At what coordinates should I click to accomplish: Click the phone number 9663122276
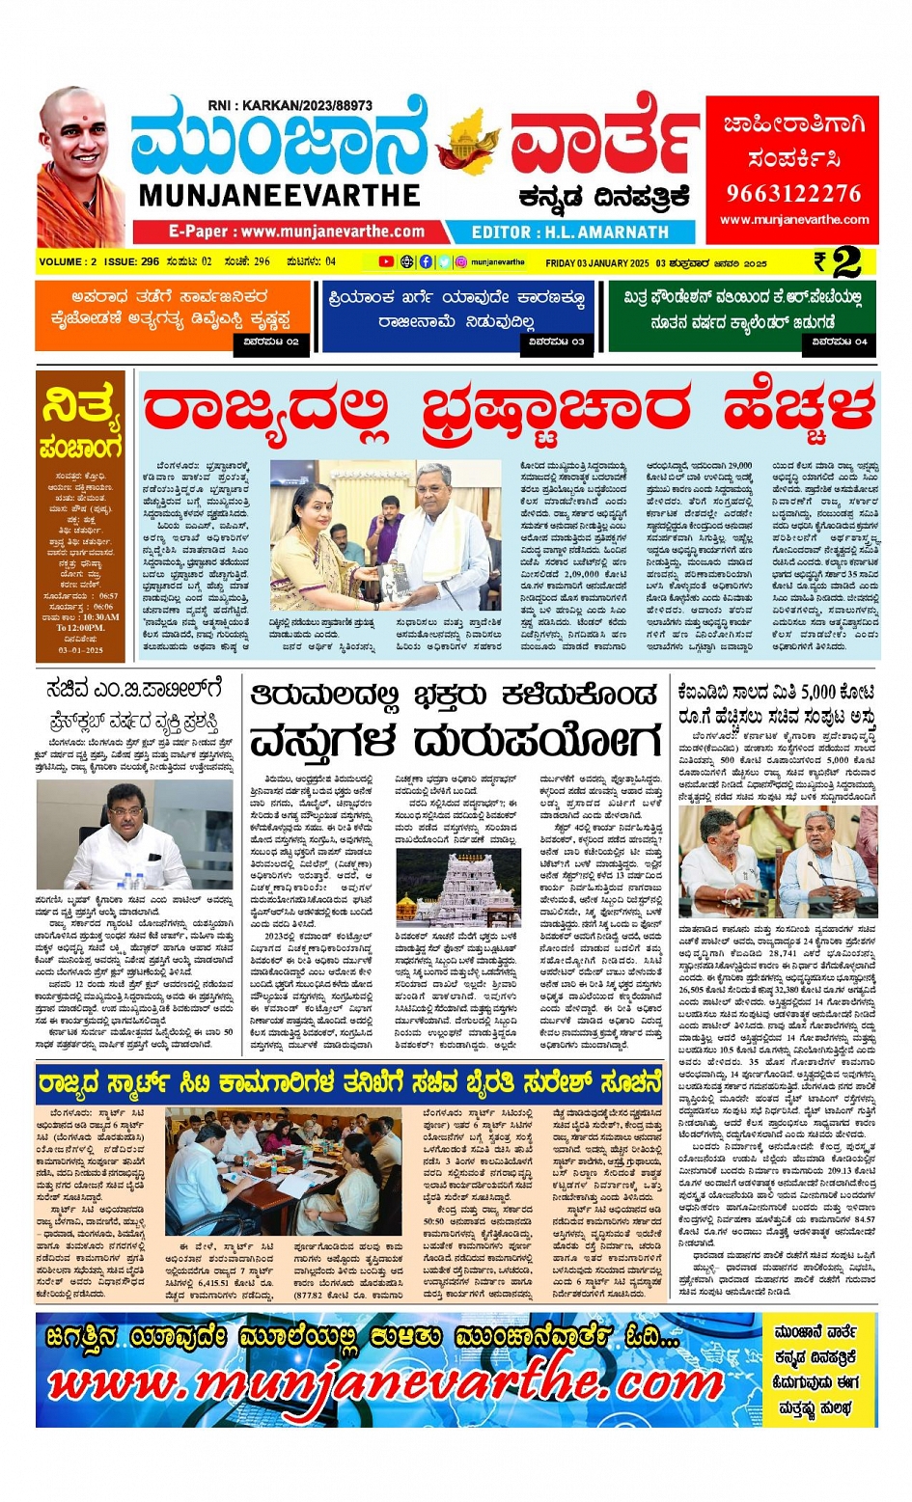click(793, 193)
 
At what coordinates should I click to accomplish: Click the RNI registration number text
click(290, 105)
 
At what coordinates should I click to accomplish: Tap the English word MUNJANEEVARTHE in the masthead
click(279, 196)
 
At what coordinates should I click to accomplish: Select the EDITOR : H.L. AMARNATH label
click(569, 232)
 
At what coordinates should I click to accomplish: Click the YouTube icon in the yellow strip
click(386, 261)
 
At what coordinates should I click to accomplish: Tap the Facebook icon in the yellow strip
click(426, 261)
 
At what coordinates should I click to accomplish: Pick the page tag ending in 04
click(839, 341)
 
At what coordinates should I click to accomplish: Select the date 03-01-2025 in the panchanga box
click(81, 649)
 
